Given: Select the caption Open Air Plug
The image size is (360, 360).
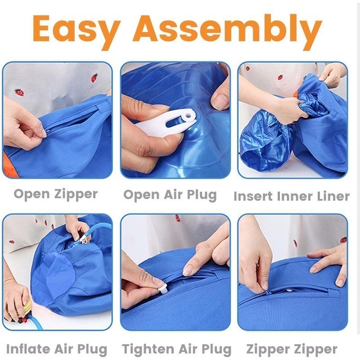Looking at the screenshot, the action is pyautogui.click(x=170, y=195).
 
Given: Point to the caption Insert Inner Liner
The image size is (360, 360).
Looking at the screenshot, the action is pyautogui.click(x=292, y=196).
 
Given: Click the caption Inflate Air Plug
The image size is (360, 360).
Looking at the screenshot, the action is pyautogui.click(x=57, y=349).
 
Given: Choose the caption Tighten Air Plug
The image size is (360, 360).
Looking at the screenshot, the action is pyautogui.click(x=176, y=349).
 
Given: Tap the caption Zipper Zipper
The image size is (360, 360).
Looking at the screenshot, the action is pyautogui.click(x=292, y=349).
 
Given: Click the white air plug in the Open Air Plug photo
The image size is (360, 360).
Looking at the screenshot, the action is pyautogui.click(x=167, y=123).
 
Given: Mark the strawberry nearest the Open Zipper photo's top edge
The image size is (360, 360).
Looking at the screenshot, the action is pyautogui.click(x=94, y=78).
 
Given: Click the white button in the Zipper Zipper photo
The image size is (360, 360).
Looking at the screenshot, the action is pyautogui.click(x=290, y=290).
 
